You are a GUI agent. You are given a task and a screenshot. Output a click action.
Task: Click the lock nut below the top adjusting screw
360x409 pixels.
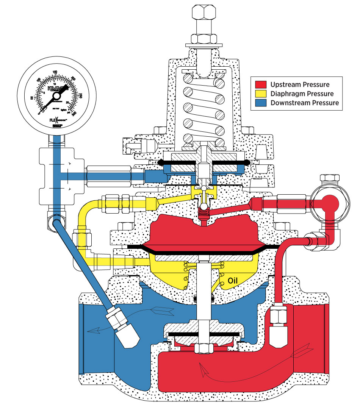pyautogui.click(x=204, y=38)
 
